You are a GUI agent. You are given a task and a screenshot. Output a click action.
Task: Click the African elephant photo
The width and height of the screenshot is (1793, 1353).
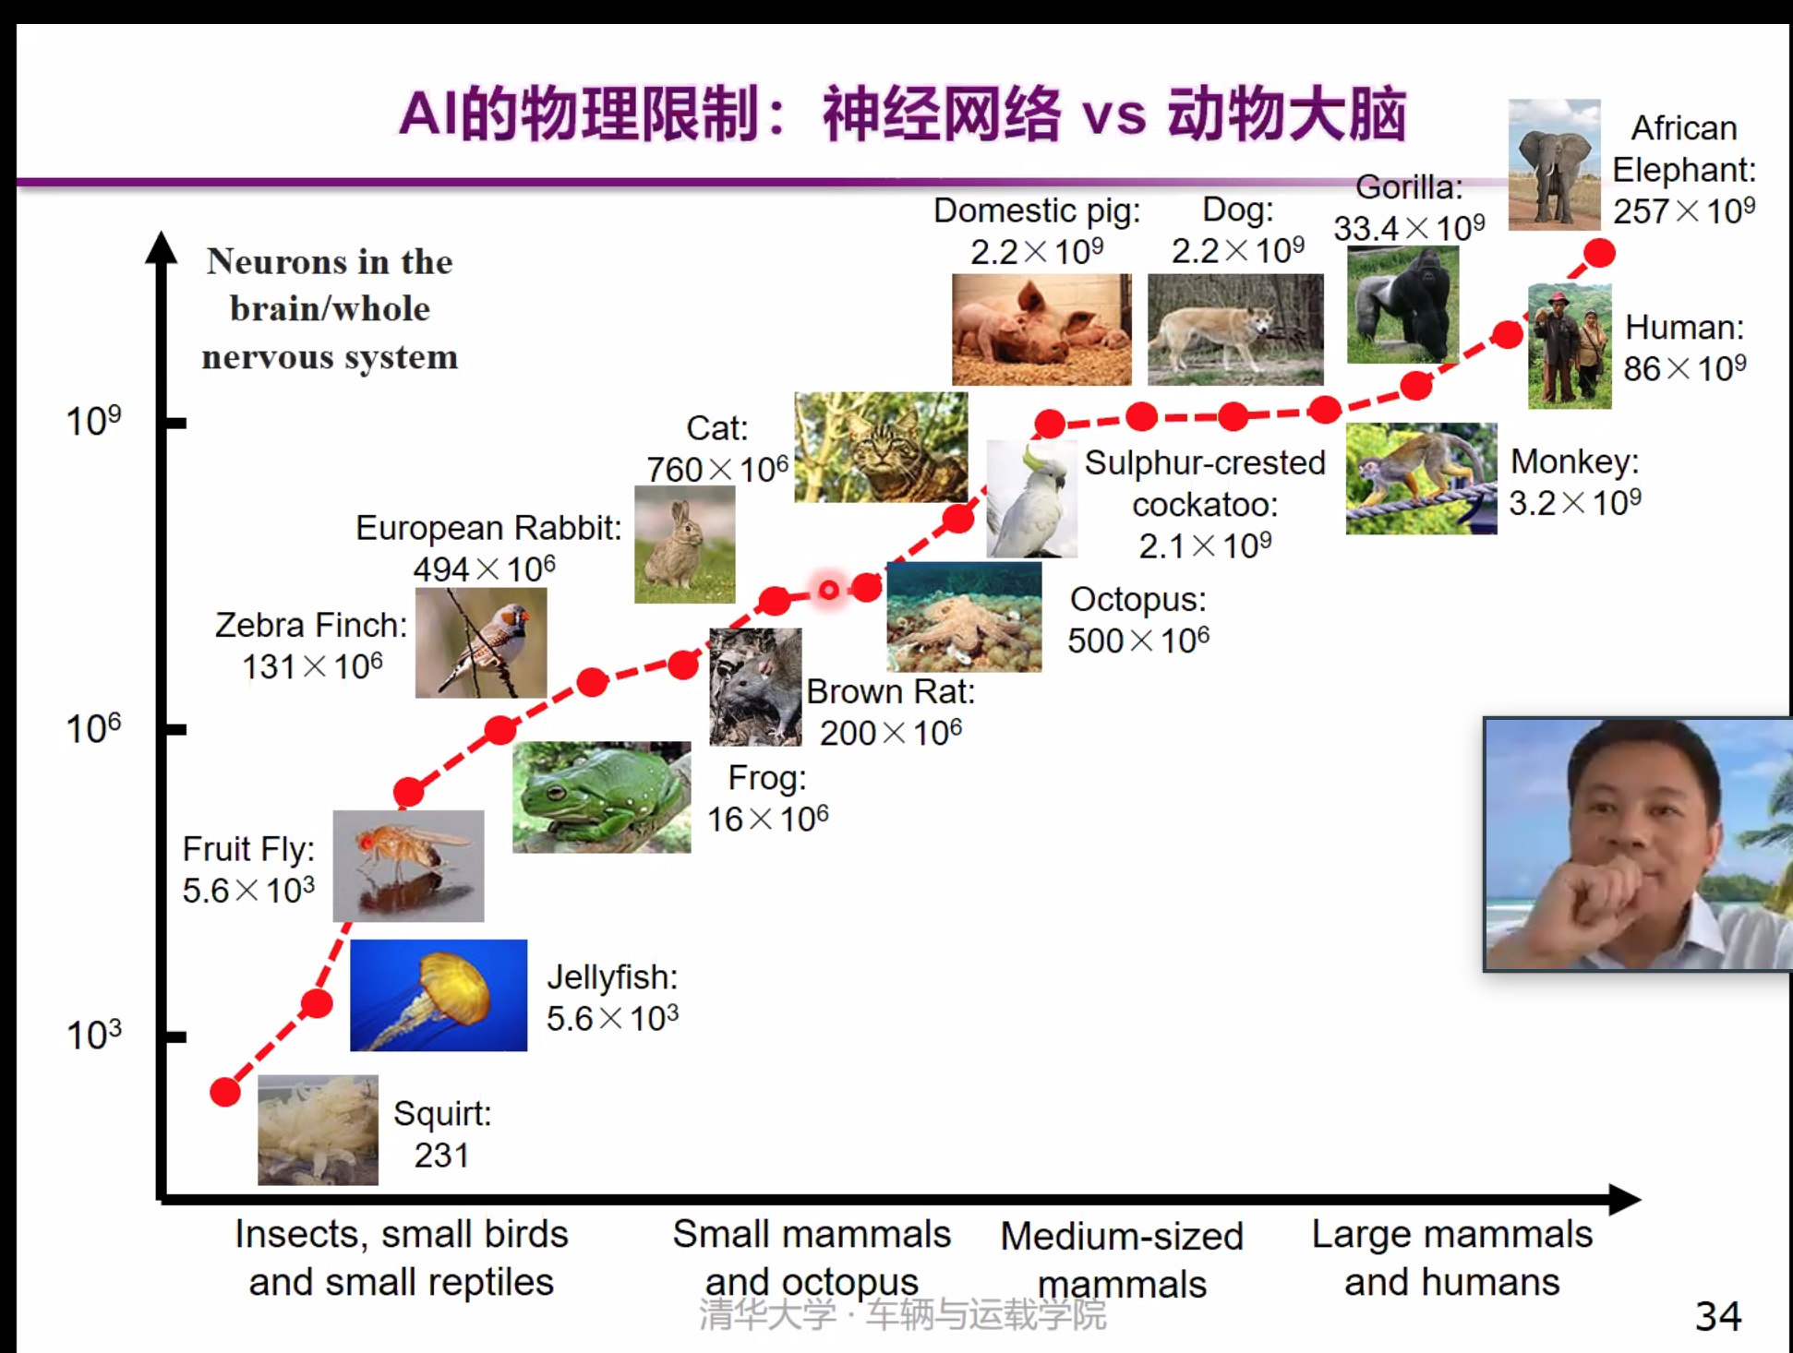tap(1555, 164)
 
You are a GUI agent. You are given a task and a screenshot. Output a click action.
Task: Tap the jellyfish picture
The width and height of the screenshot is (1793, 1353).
tap(439, 995)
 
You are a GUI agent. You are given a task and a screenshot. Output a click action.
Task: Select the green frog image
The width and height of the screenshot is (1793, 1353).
tap(602, 797)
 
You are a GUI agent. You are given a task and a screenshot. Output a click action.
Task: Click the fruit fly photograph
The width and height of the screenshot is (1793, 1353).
tap(408, 866)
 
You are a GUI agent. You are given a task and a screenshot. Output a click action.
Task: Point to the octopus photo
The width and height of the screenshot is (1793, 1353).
tap(964, 617)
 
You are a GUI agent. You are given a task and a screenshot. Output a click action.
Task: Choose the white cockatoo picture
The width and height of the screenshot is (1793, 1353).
tap(1031, 498)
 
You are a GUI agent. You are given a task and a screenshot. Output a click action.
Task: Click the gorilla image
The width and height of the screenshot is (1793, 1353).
tap(1403, 305)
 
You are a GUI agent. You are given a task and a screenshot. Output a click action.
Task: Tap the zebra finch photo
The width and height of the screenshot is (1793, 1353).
tap(481, 642)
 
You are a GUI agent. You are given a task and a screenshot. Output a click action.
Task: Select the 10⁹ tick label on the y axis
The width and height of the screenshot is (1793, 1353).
tap(93, 421)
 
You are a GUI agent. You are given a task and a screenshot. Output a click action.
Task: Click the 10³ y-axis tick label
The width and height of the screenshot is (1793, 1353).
tap(93, 1035)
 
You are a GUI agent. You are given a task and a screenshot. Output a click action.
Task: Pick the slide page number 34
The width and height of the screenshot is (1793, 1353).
tap(1718, 1316)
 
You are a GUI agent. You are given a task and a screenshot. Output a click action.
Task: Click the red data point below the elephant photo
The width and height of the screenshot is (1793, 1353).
tap(1599, 252)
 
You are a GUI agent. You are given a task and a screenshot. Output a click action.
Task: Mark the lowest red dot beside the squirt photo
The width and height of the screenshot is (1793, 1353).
tap(225, 1092)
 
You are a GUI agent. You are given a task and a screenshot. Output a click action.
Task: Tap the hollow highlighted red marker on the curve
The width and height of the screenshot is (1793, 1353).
tap(829, 590)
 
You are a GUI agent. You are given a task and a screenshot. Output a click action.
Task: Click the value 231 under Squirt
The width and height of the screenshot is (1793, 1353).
tap(441, 1155)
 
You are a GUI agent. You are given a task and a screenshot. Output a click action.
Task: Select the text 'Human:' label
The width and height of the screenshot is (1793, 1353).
tap(1685, 328)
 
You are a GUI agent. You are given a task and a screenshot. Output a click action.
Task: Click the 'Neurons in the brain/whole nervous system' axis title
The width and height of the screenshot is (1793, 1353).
tap(330, 309)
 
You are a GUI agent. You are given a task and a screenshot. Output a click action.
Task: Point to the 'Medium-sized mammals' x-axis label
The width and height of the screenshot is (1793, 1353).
tap(1122, 1260)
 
